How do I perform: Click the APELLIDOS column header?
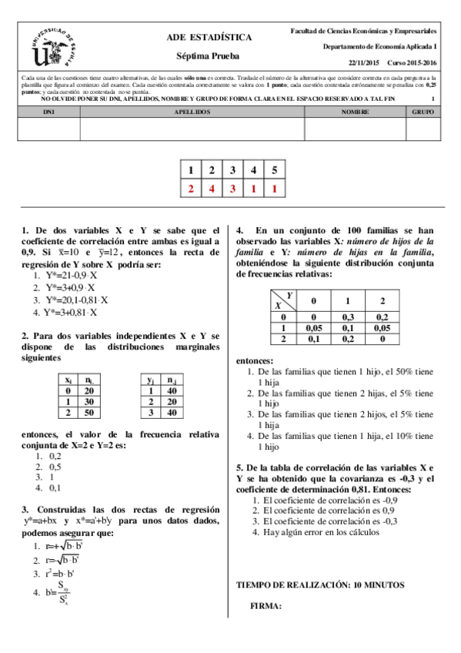coord(192,112)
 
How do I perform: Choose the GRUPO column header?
coord(423,112)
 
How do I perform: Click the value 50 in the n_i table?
coord(90,414)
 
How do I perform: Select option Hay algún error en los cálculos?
coord(321,532)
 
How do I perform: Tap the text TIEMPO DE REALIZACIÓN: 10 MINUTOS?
coord(319,585)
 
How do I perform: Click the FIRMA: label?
coord(266,606)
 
